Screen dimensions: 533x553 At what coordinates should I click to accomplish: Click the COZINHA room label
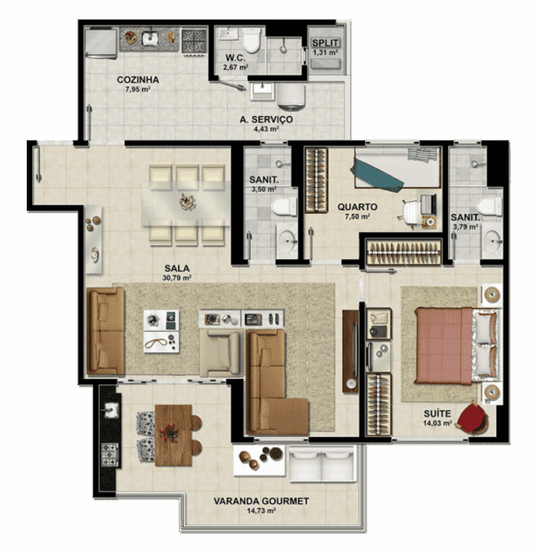coord(138,79)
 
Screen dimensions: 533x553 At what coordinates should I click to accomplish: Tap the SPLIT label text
coord(326,43)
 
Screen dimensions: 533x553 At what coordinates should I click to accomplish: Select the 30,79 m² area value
coord(177,278)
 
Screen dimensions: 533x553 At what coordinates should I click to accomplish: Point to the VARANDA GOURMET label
coord(261,501)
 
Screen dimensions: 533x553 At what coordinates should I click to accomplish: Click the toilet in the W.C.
coord(251,40)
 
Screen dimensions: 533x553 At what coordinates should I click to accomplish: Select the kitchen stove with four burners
coord(194,41)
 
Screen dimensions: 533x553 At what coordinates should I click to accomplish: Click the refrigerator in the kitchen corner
coord(101,43)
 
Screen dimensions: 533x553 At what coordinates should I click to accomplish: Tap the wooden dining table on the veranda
coord(173,435)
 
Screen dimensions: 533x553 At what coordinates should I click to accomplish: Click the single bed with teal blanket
coord(397,168)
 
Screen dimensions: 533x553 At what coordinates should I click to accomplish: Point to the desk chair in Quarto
coord(411,212)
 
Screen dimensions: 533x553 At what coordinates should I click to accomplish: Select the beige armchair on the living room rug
coord(219,353)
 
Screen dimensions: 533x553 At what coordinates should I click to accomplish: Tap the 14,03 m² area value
coord(437,422)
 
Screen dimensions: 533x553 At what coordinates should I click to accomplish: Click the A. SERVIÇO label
coord(266,120)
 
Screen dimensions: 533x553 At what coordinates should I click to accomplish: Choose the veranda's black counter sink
coord(111,410)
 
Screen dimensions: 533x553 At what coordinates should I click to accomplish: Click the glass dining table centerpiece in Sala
coord(188,202)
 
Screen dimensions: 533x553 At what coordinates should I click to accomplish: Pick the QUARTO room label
coord(358,207)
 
